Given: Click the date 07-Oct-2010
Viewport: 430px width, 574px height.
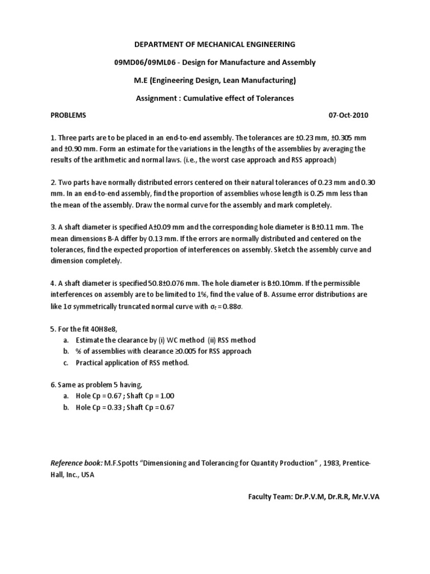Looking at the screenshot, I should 348,115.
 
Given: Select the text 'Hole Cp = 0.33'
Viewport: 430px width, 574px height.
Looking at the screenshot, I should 100,408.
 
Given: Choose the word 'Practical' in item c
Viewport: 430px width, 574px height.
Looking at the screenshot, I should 91,363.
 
